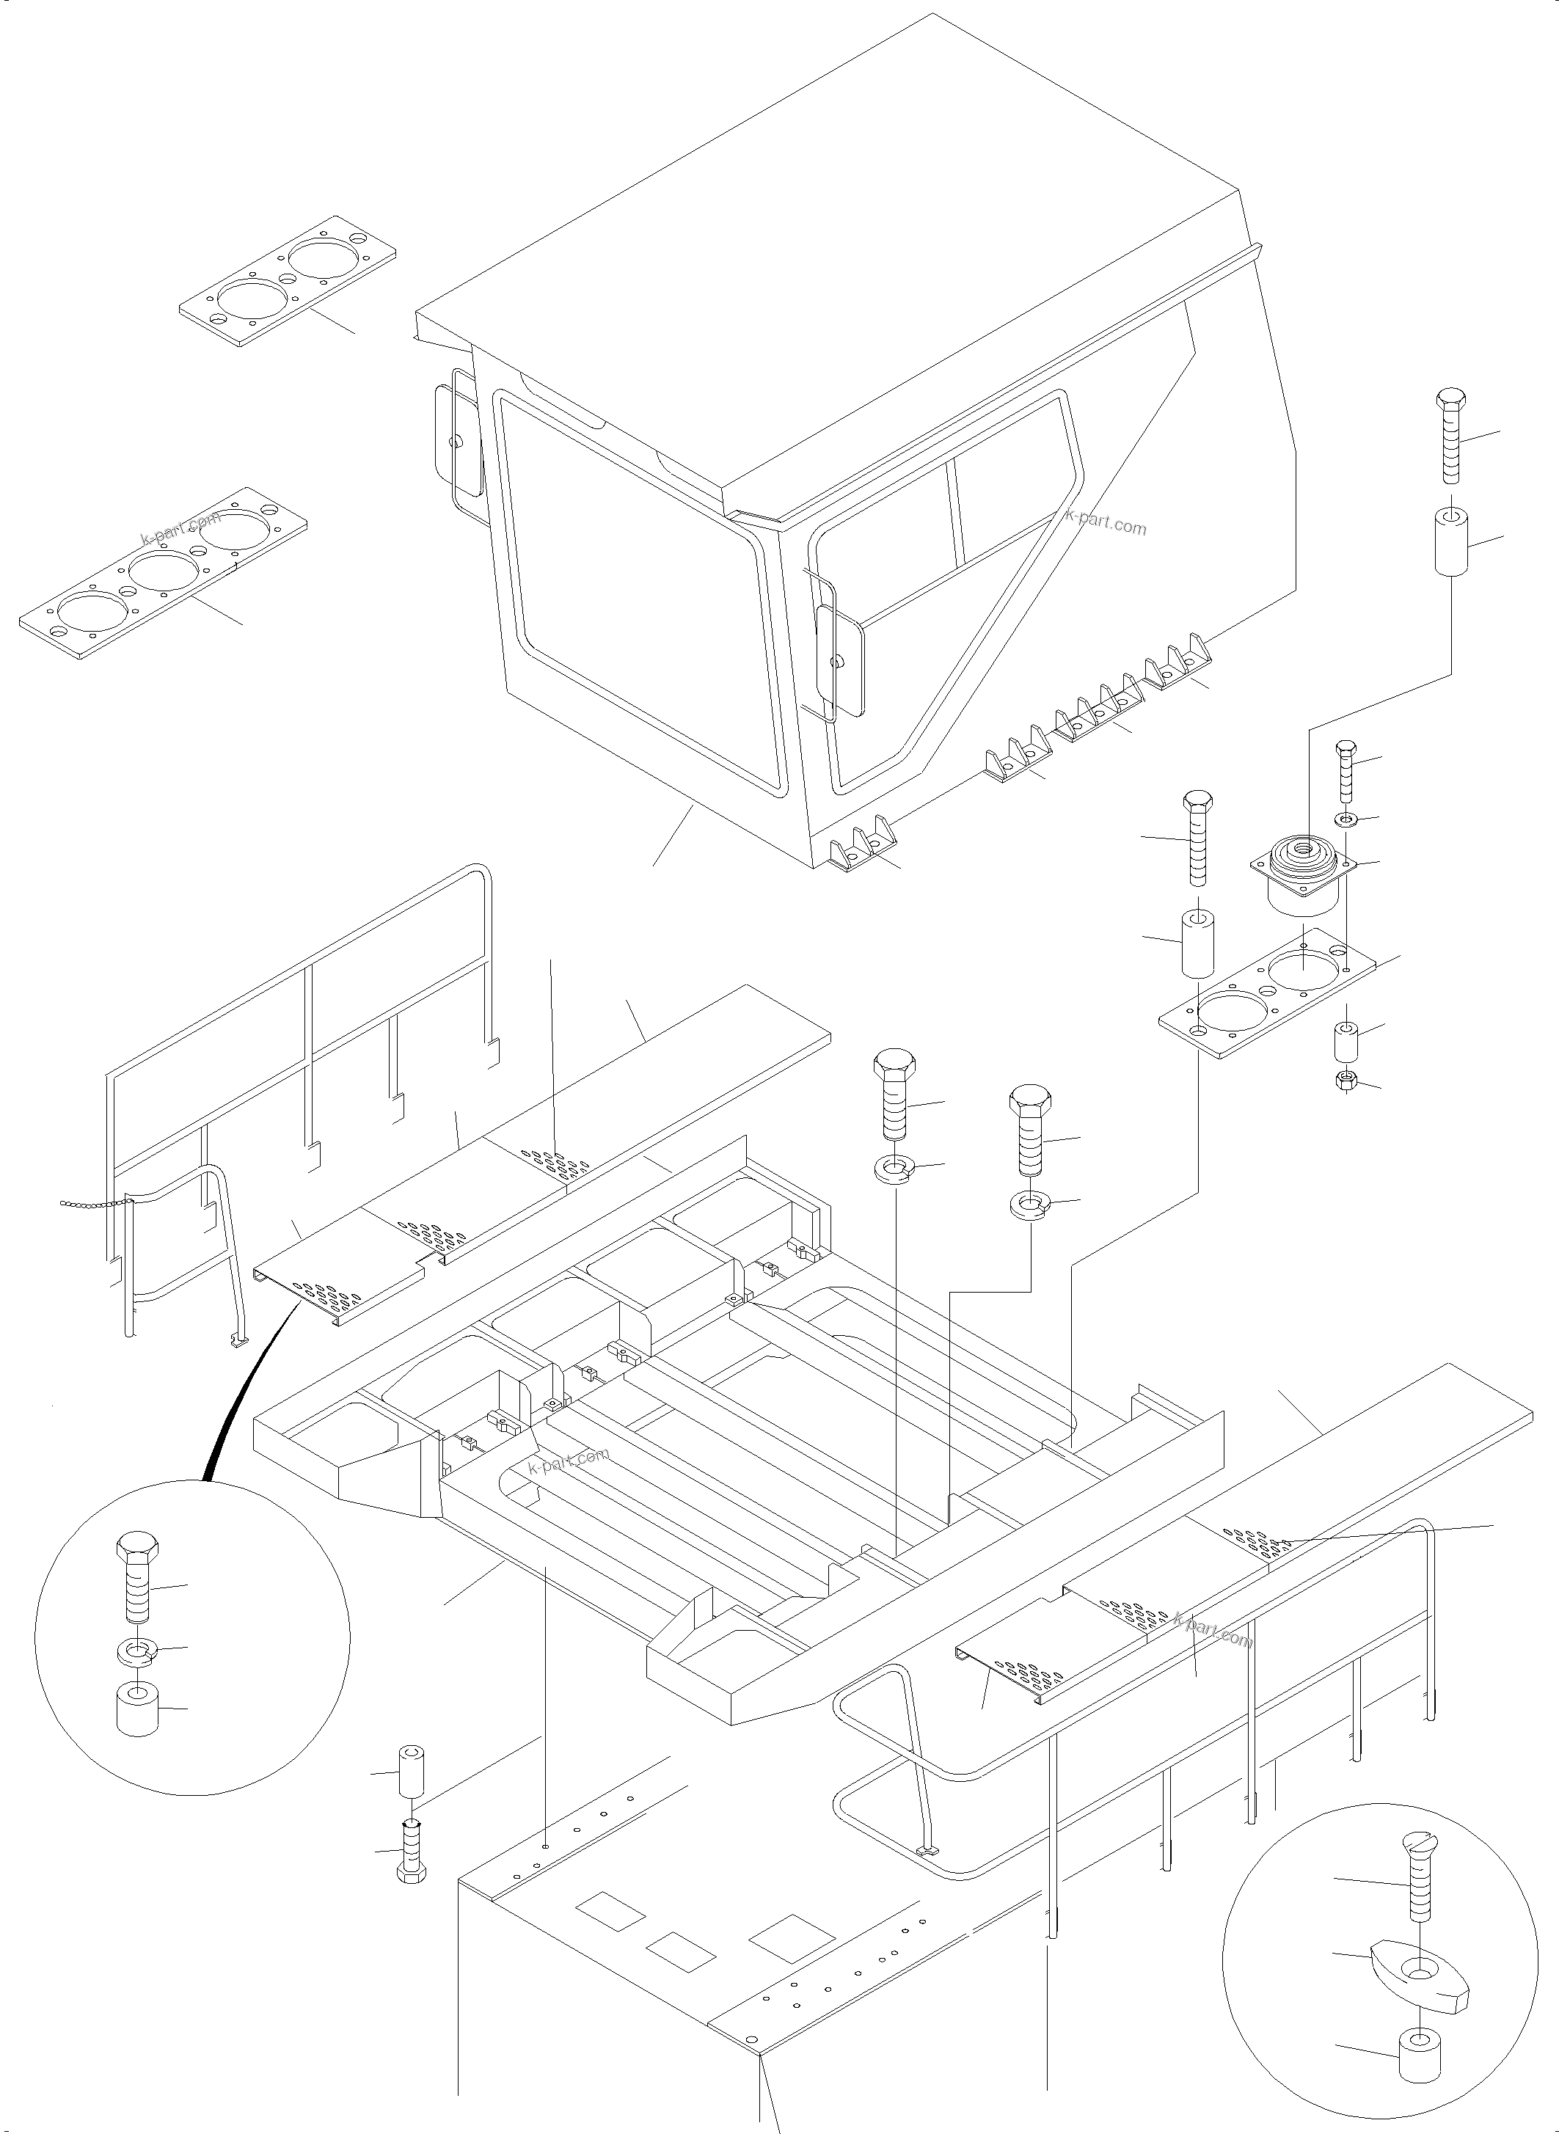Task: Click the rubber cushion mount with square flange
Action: pos(1302,873)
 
